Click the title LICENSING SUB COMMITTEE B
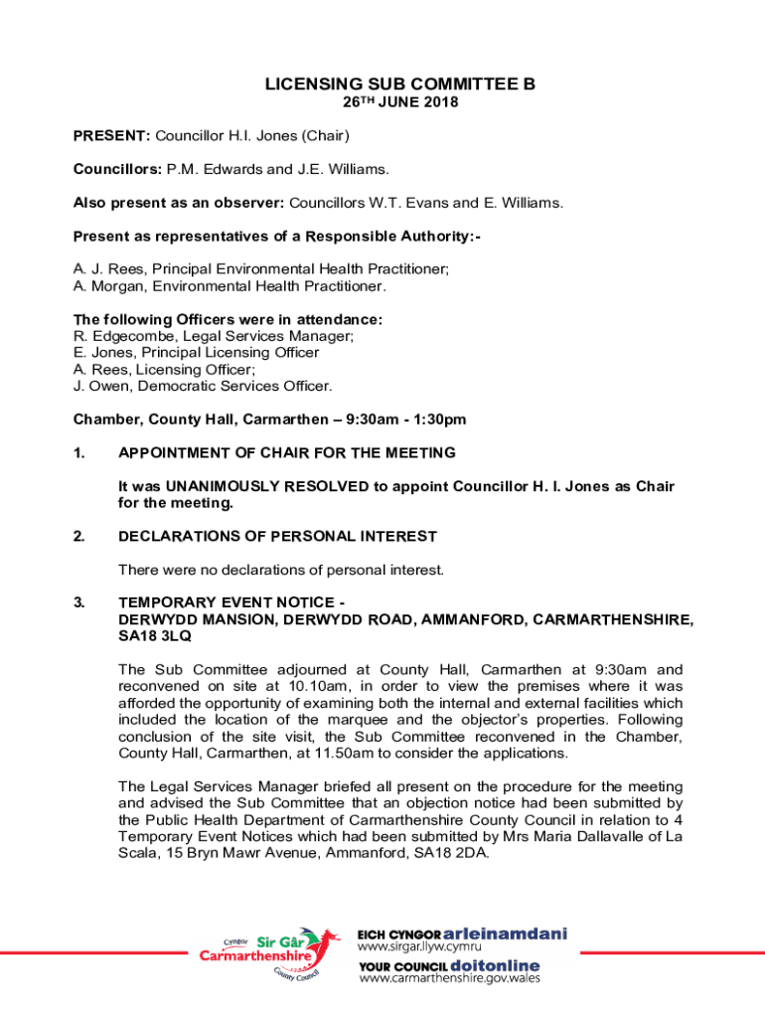(x=400, y=85)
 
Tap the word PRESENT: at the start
(x=111, y=135)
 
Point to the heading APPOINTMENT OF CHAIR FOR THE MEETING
(x=287, y=453)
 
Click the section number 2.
(x=78, y=537)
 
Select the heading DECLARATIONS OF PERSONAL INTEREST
(x=277, y=537)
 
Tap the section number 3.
(x=78, y=602)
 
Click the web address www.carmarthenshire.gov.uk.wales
(x=449, y=978)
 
